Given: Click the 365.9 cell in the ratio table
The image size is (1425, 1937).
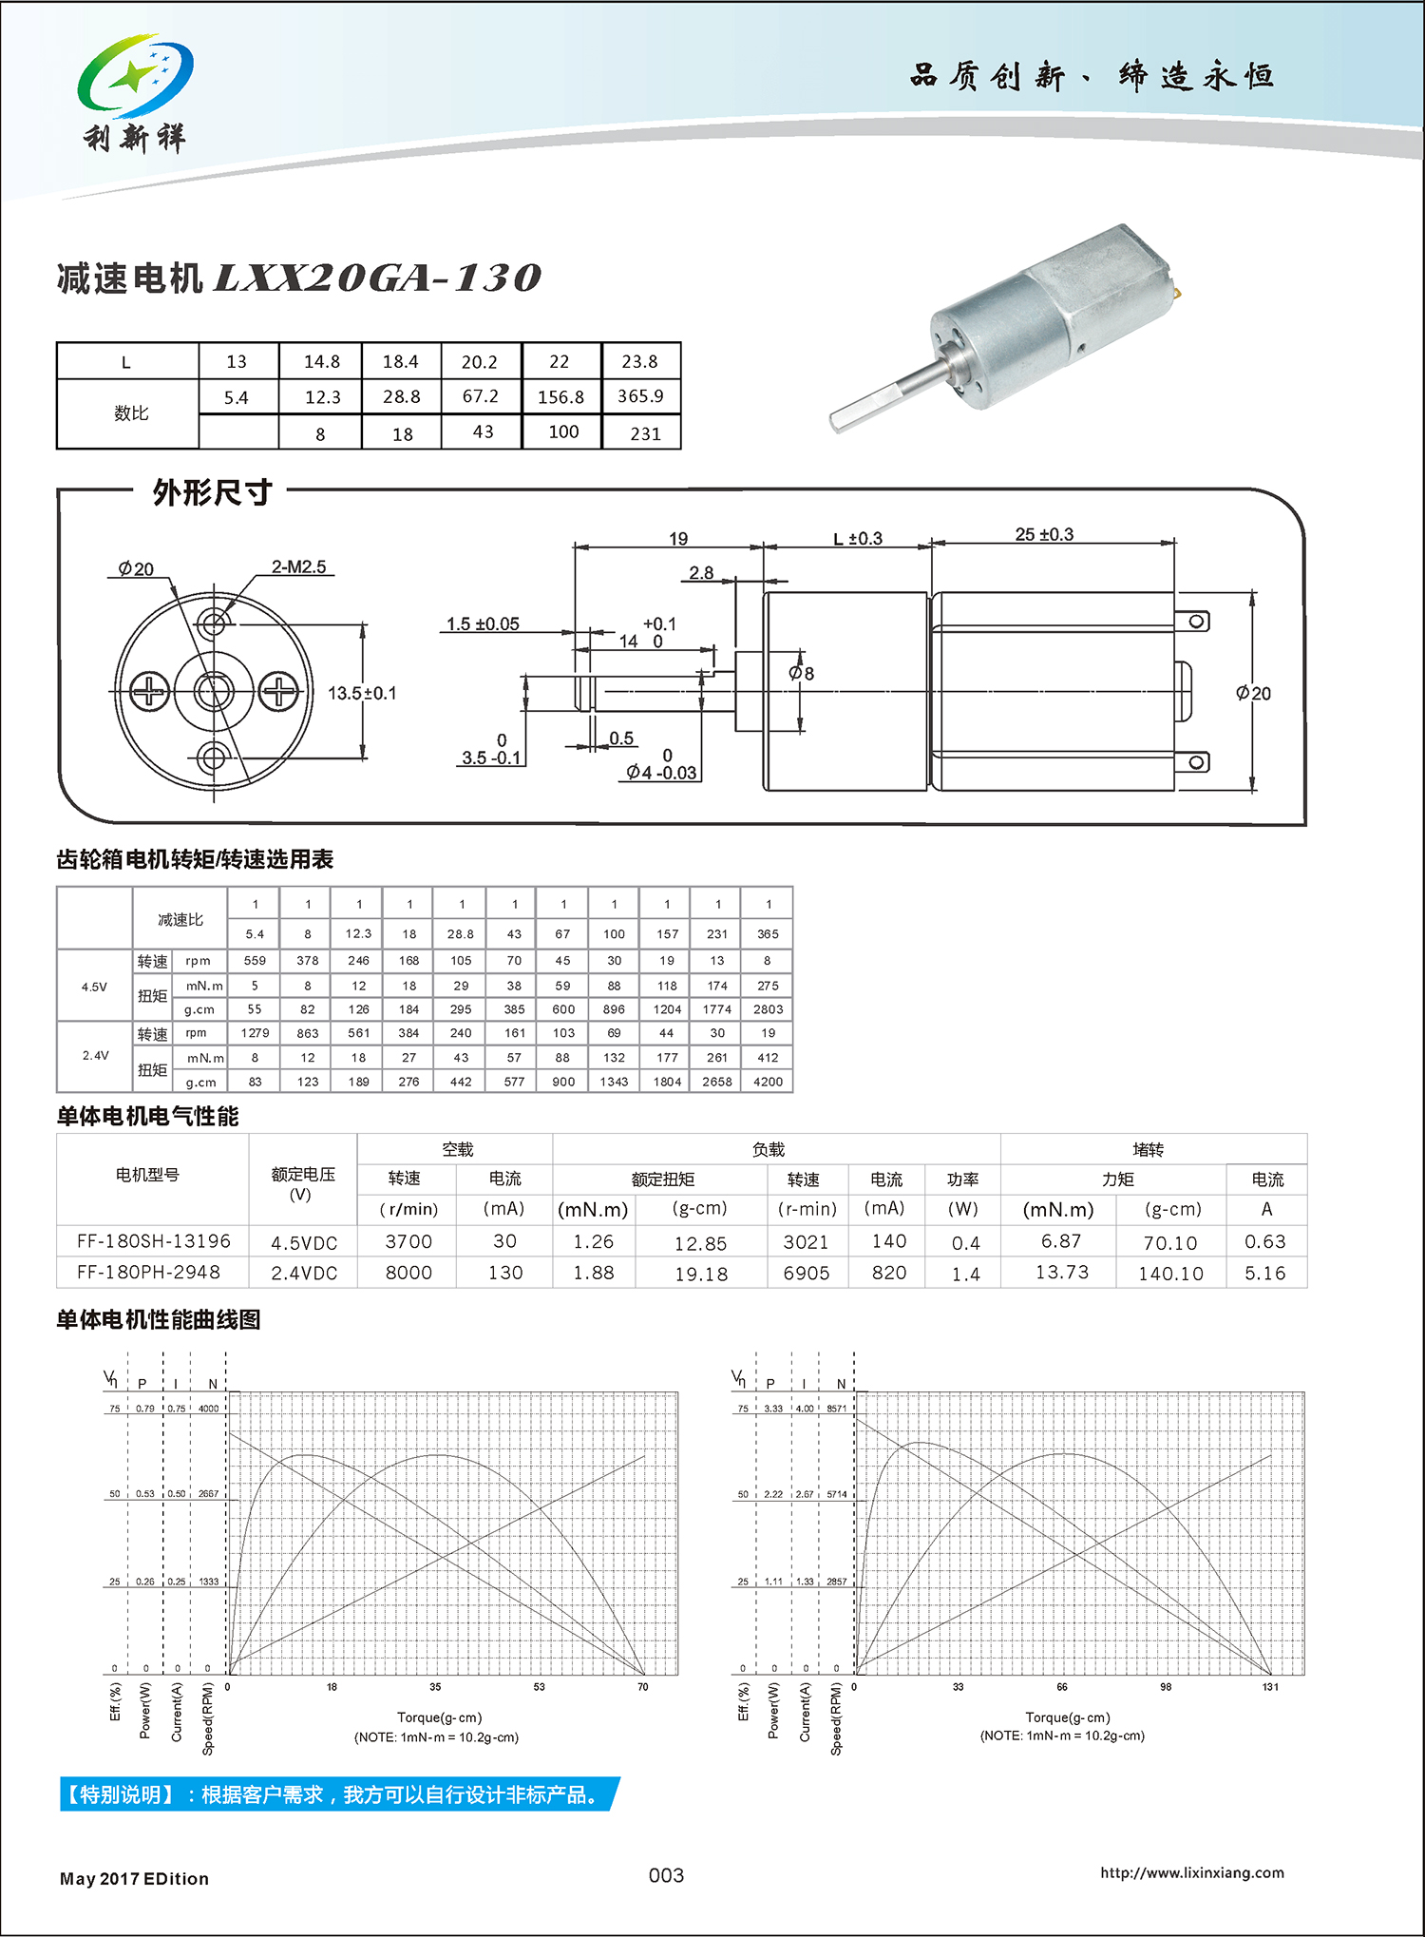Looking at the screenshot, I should [x=640, y=396].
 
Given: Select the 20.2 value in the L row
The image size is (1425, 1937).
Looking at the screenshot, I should [x=480, y=362].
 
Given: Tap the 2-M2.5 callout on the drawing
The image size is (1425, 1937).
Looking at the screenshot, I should [x=298, y=567].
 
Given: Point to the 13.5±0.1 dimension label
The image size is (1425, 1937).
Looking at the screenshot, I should [x=362, y=694].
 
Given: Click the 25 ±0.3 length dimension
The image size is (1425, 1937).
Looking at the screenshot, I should [x=1044, y=535].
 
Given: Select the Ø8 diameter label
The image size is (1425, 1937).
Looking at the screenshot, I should [x=802, y=674].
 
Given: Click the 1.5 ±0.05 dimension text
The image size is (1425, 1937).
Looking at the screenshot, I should [x=483, y=624].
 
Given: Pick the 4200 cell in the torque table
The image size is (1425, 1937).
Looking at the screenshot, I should [x=768, y=1082].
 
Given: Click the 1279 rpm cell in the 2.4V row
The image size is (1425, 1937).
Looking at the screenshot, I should [x=255, y=1033].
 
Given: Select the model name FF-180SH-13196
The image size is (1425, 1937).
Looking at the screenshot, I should [x=154, y=1241].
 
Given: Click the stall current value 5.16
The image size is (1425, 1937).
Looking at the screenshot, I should [x=1265, y=1273].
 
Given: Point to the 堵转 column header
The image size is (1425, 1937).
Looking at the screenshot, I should [x=1148, y=1150].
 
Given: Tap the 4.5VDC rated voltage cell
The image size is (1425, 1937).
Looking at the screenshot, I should [x=304, y=1243].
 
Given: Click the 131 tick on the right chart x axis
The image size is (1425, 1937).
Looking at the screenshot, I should [x=1270, y=1687].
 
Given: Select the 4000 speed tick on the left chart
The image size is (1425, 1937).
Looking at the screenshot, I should [x=209, y=1409].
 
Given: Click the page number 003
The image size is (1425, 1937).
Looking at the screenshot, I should [x=666, y=1875].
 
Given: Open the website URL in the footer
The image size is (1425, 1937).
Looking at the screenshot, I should [x=1192, y=1872].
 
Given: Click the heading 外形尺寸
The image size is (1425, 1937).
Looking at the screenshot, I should [x=212, y=492].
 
